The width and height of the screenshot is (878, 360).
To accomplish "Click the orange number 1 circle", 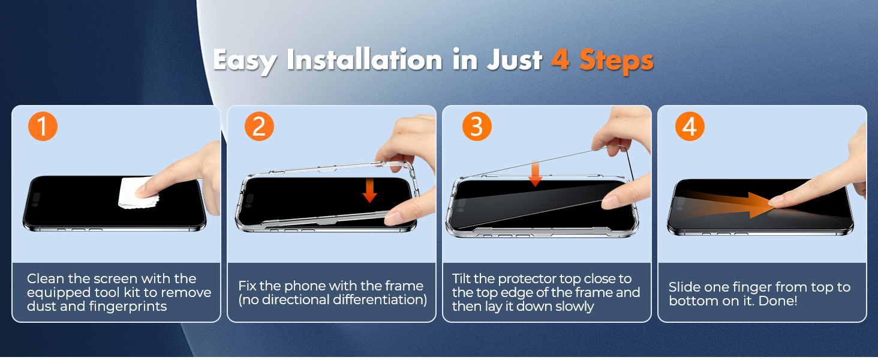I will pos(43,127).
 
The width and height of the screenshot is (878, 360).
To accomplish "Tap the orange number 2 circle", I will pos(259,127).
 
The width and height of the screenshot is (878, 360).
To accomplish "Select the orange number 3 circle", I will pos(476,127).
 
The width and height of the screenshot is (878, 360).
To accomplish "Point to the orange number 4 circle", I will pos(690,127).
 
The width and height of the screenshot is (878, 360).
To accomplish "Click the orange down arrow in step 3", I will pos(536,174).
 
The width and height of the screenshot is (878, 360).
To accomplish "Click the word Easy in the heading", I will pos(245,61).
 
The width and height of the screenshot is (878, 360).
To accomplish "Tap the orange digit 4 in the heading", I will pos(560,60).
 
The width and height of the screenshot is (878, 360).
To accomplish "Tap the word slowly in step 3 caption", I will pos(573,307).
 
